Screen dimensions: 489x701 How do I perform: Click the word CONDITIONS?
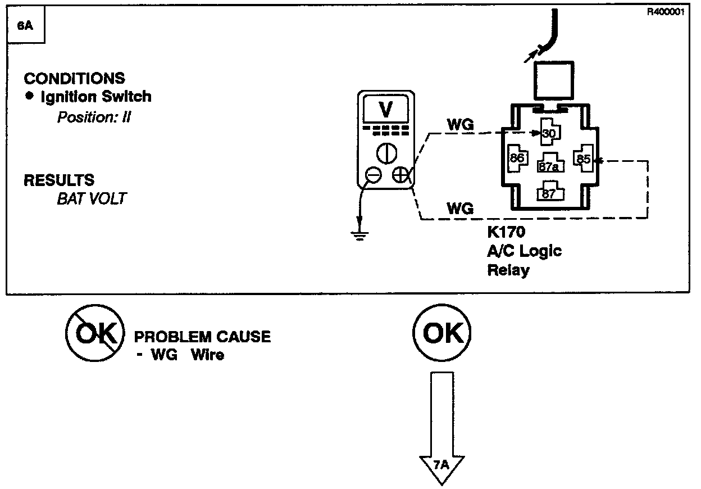(x=74, y=79)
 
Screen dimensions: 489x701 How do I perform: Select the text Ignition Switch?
(x=96, y=97)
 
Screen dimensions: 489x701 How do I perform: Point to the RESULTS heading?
(x=59, y=180)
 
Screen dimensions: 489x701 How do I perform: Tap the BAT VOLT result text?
(x=92, y=198)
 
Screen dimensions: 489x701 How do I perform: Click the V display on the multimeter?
(x=386, y=110)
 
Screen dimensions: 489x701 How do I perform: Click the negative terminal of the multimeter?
(x=373, y=176)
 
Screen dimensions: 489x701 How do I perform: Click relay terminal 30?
(x=548, y=133)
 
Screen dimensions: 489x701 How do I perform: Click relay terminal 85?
(x=583, y=159)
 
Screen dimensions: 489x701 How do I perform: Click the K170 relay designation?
(x=506, y=233)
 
